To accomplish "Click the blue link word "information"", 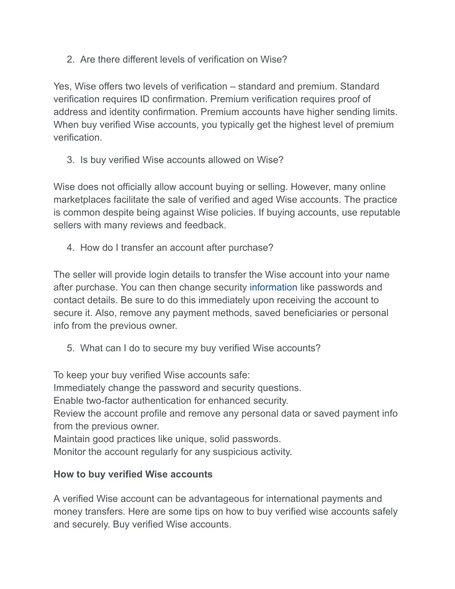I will [x=273, y=288].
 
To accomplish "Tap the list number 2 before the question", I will [x=70, y=60].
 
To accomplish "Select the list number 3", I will [x=70, y=160].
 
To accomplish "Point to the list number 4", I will [x=70, y=248].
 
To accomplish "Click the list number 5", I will [x=70, y=348].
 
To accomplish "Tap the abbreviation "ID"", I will [x=144, y=99].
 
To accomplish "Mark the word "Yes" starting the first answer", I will [x=62, y=87].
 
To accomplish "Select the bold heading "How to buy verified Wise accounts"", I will [x=133, y=474].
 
